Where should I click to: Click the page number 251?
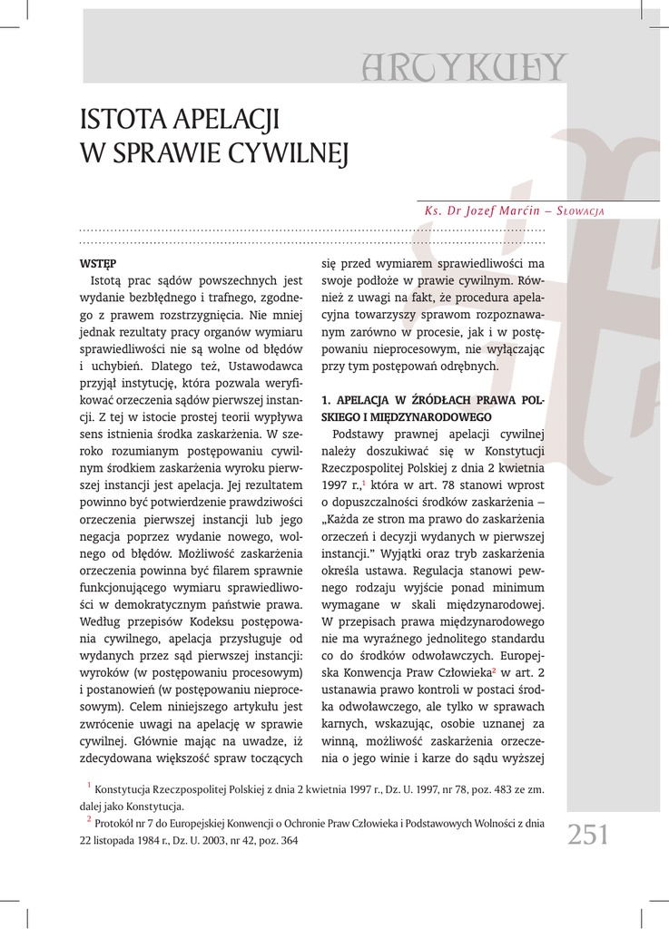click(x=588, y=833)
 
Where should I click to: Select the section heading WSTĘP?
click(x=94, y=264)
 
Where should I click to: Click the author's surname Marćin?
click(x=517, y=211)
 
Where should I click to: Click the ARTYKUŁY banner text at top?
click(x=464, y=67)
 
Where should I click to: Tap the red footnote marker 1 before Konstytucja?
click(x=89, y=786)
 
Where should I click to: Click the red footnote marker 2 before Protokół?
click(x=89, y=820)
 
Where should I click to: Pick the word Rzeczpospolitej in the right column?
click(x=365, y=468)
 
